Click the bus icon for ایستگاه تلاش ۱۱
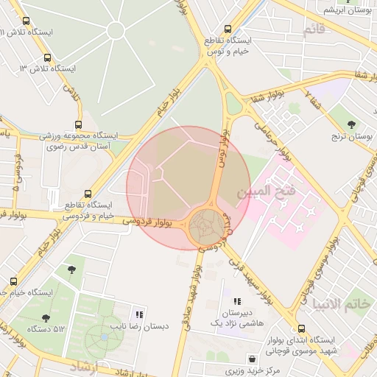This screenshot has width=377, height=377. pyautogui.click(x=27, y=21)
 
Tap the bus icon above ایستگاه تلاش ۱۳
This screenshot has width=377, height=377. pyautogui.click(x=48, y=57)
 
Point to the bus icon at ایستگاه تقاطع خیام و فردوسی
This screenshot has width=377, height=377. pyautogui.click(x=88, y=194)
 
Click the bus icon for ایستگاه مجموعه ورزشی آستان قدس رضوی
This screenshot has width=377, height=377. pyautogui.click(x=79, y=125)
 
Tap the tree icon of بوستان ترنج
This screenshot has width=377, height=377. pyautogui.click(x=350, y=125)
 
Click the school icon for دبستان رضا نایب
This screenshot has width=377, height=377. pyautogui.click(x=139, y=314)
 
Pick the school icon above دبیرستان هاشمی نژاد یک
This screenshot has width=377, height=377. pyautogui.click(x=236, y=301)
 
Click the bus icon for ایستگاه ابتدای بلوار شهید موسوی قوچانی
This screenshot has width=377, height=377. pyautogui.click(x=301, y=329)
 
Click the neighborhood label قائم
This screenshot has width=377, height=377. pyautogui.click(x=314, y=29)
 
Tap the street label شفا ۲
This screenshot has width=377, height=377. pyautogui.click(x=314, y=94)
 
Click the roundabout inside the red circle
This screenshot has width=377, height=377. pyautogui.click(x=205, y=228)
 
